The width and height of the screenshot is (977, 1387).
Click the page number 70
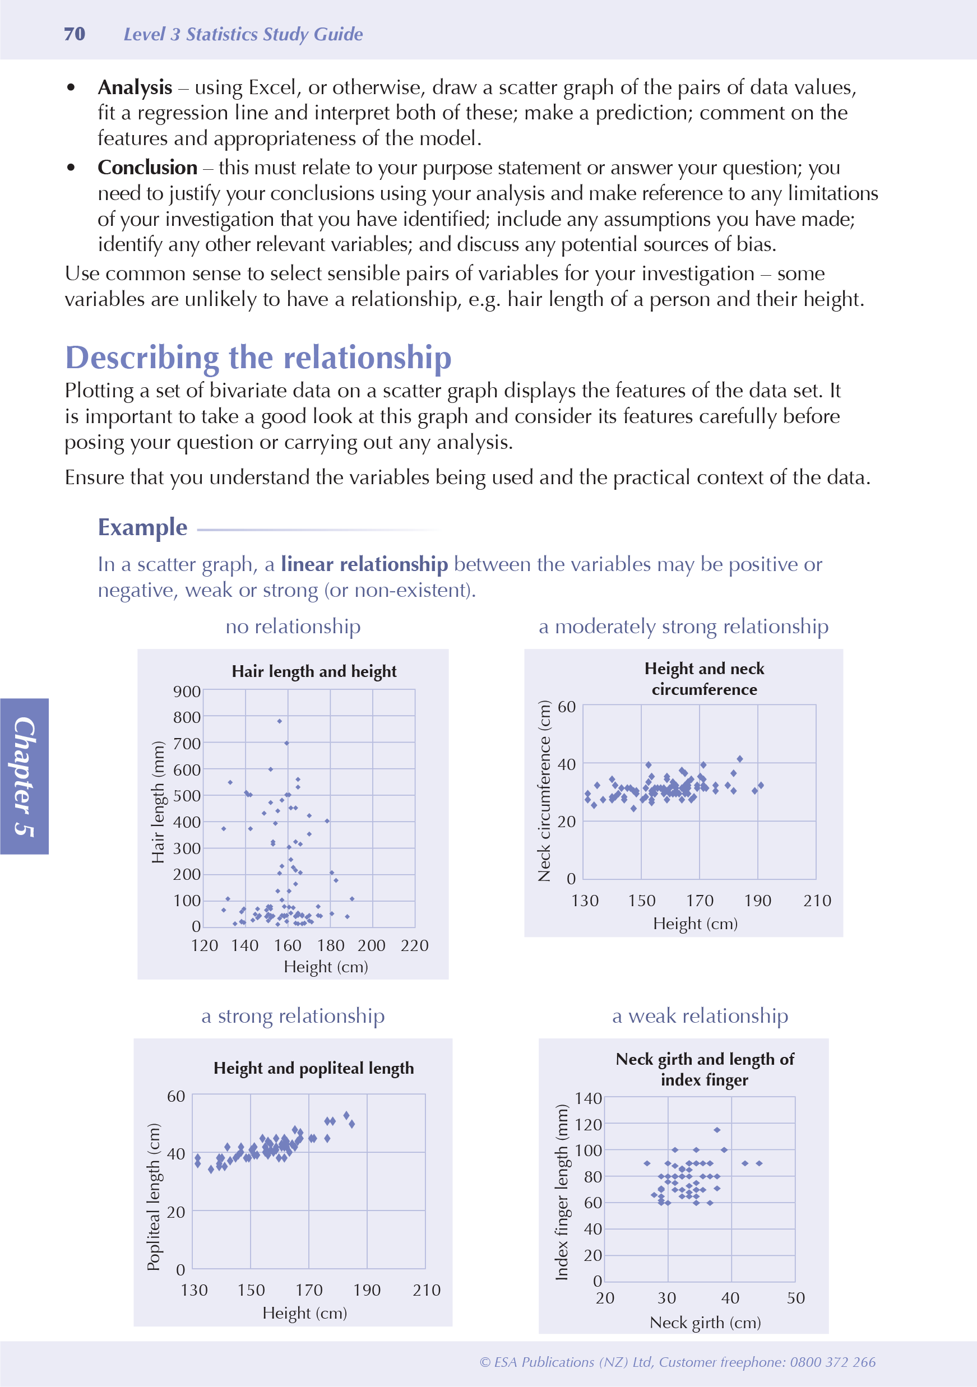click(75, 34)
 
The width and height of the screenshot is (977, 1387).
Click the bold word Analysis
click(135, 87)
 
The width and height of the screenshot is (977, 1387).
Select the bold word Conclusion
click(147, 168)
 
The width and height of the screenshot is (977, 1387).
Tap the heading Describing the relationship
click(258, 357)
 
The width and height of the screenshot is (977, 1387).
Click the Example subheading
click(142, 527)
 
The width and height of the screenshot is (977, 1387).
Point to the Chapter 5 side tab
click(24, 776)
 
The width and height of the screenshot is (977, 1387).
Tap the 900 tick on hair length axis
click(187, 692)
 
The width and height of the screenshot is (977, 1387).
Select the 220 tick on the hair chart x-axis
click(414, 945)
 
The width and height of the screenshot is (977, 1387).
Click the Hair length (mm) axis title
click(158, 801)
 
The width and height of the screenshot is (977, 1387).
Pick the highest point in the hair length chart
click(279, 721)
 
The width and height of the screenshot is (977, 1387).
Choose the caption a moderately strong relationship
click(683, 627)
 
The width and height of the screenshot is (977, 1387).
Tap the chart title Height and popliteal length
click(313, 1068)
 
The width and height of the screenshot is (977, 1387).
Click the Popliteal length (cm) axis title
click(154, 1196)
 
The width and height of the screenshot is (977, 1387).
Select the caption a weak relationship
click(700, 1016)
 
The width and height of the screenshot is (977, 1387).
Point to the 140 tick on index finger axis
click(588, 1098)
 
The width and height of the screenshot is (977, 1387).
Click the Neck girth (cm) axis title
click(705, 1323)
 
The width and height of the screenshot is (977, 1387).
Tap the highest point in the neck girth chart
click(716, 1130)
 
